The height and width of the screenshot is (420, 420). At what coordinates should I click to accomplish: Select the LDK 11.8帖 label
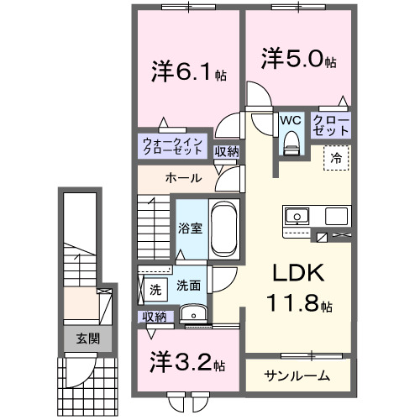(293, 288)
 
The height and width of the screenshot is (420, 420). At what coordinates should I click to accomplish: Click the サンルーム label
(296, 375)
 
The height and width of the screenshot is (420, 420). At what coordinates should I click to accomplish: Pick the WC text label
(291, 120)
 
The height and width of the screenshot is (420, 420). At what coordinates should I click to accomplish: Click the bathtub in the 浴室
(224, 228)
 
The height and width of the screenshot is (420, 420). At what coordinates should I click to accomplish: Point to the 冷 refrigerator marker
(335, 156)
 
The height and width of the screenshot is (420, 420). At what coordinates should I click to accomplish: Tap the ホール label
(182, 178)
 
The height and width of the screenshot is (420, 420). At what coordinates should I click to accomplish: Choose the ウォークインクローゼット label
(172, 146)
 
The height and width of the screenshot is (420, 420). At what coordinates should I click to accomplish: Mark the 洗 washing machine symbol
(155, 290)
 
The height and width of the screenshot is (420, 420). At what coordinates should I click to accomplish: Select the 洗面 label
(187, 286)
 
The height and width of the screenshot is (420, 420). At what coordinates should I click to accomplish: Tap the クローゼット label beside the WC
(331, 125)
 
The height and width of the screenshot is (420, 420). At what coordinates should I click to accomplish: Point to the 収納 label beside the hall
(226, 151)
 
